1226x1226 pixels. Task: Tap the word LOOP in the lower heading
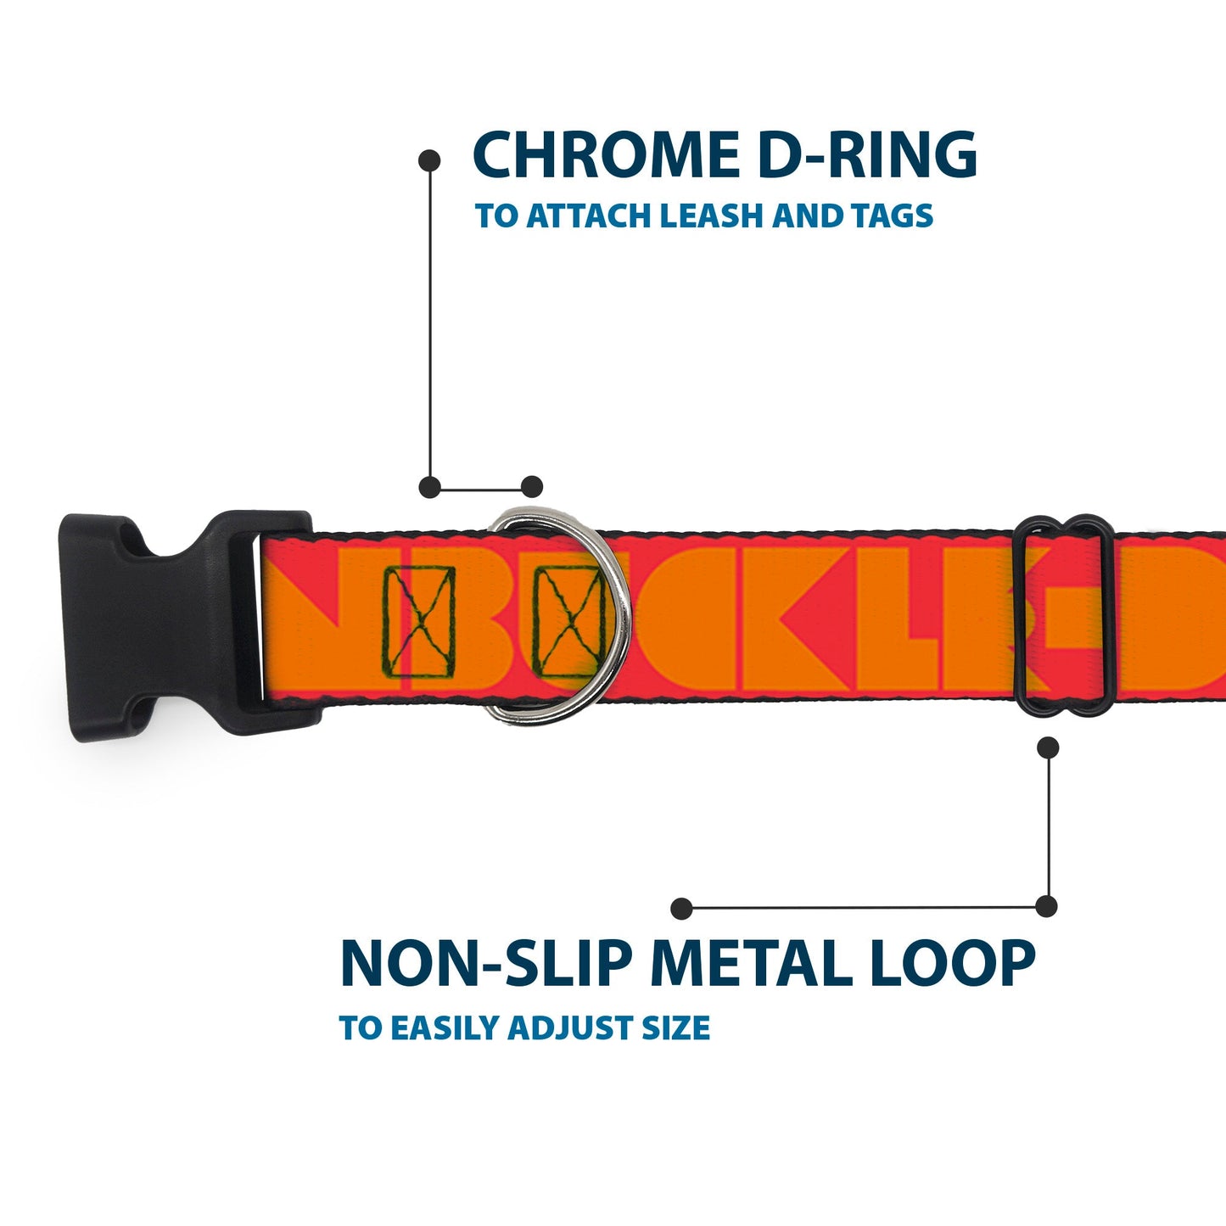point(952,963)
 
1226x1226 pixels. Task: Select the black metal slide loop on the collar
point(1064,615)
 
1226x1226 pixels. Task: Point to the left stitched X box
point(418,623)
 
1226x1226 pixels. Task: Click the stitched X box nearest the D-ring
point(567,621)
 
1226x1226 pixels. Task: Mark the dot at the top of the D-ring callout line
point(430,160)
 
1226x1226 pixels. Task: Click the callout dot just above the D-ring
point(531,487)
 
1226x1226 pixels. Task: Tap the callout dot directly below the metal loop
point(1049,747)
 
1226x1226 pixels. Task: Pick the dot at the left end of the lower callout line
point(680,909)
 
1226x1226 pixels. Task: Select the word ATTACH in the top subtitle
point(589,216)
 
